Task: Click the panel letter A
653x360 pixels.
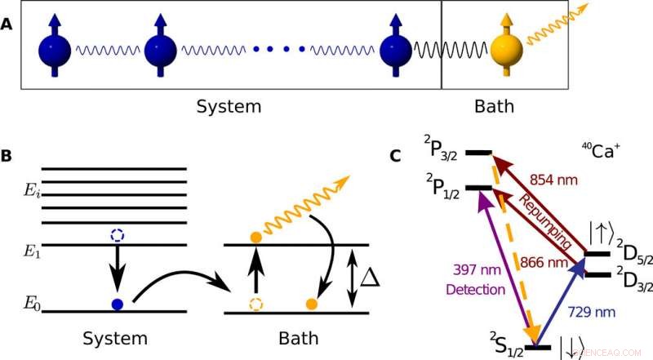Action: (x=7, y=24)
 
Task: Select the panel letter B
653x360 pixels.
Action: (x=7, y=153)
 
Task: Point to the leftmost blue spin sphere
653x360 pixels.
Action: (x=56, y=51)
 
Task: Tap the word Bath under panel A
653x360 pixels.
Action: (x=495, y=106)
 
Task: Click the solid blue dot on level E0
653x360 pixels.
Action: (x=117, y=304)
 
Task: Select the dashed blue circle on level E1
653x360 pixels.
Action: (x=116, y=235)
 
